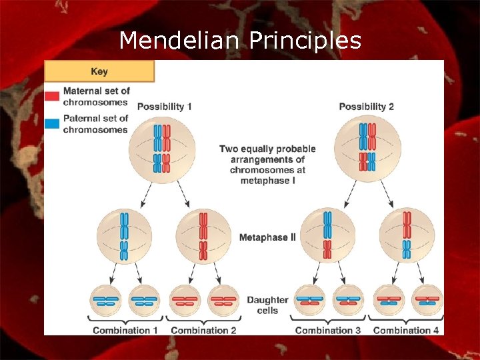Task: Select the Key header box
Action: (99, 71)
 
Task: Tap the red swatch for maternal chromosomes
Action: (52, 96)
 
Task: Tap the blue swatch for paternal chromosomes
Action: (52, 123)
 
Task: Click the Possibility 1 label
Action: (164, 107)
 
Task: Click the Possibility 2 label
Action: (366, 107)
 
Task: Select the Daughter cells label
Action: (267, 305)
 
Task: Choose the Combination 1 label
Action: (126, 330)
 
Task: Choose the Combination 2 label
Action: (203, 330)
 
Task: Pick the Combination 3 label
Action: (328, 330)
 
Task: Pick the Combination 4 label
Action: (406, 330)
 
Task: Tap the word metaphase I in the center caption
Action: (265, 181)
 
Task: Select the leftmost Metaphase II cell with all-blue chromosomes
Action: (124, 236)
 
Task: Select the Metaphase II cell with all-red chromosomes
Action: (203, 236)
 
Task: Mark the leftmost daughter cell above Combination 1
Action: (106, 300)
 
